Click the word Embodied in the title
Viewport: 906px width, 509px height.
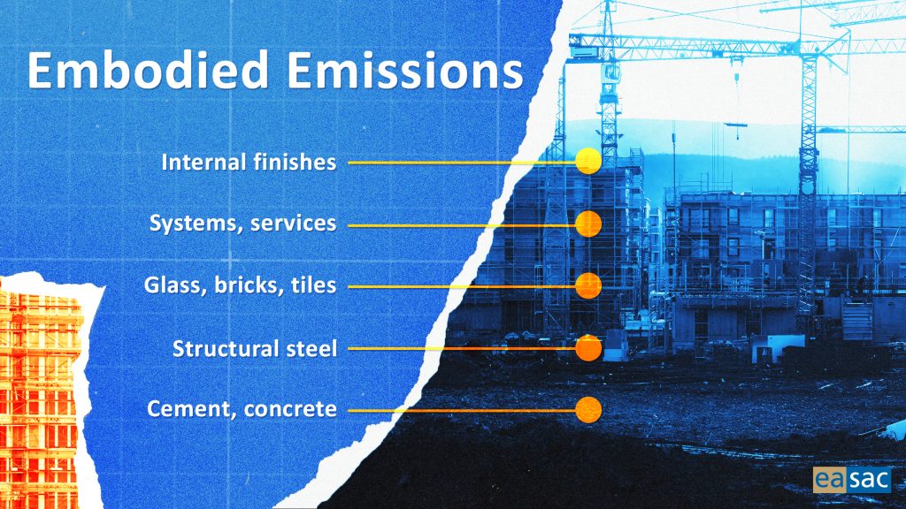pyautogui.click(x=148, y=70)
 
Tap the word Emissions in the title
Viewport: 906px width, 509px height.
pyautogui.click(x=405, y=70)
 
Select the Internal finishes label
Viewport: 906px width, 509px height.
pyautogui.click(x=249, y=163)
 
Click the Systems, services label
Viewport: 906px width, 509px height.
pyautogui.click(x=242, y=224)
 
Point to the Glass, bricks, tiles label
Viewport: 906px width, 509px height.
pyautogui.click(x=240, y=285)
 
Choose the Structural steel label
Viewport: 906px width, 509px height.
pyautogui.click(x=254, y=348)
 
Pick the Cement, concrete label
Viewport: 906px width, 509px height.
pyautogui.click(x=242, y=409)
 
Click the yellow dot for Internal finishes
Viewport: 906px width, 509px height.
pyautogui.click(x=588, y=161)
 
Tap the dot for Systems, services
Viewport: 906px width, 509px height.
pyautogui.click(x=588, y=224)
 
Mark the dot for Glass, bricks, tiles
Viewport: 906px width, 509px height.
pyautogui.click(x=588, y=285)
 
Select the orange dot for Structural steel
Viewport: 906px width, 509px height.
pyautogui.click(x=588, y=348)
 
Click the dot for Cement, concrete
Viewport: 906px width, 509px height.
pyautogui.click(x=588, y=410)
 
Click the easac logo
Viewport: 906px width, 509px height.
pyautogui.click(x=852, y=480)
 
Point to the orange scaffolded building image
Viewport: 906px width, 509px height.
pyautogui.click(x=42, y=393)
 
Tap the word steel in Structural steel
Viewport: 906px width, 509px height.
pyautogui.click(x=311, y=348)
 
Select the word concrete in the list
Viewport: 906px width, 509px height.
pyautogui.click(x=290, y=409)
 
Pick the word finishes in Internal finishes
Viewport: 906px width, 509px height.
pyautogui.click(x=294, y=163)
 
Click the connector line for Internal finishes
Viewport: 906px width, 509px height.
pyautogui.click(x=462, y=163)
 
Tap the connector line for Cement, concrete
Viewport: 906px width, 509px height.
pyautogui.click(x=462, y=411)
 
